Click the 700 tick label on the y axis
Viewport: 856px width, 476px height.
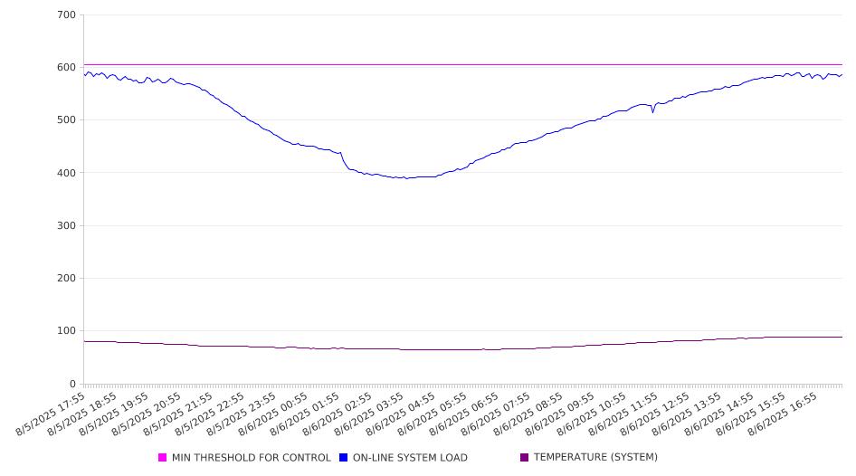tap(66, 14)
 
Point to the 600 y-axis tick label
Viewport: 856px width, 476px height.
tap(66, 67)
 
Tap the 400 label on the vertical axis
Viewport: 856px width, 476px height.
tap(66, 173)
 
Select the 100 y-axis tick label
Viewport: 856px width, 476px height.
tap(66, 331)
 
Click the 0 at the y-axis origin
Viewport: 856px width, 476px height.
tap(72, 384)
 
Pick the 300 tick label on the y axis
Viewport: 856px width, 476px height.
tap(66, 225)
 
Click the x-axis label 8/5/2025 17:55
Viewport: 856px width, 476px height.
tap(51, 414)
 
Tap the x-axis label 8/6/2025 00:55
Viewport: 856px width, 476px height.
tap(273, 414)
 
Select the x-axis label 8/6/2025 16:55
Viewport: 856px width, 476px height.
tap(783, 414)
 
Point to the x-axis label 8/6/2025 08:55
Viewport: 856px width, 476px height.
tap(528, 414)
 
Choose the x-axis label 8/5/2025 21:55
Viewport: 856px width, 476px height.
tap(177, 414)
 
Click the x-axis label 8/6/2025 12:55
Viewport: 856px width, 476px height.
tap(655, 414)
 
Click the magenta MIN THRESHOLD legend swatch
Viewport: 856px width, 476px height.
tap(162, 457)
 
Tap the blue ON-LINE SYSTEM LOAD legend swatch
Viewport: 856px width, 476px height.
tap(343, 457)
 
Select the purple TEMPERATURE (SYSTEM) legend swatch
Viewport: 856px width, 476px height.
tap(525, 457)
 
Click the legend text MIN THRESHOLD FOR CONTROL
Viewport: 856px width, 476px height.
tap(252, 457)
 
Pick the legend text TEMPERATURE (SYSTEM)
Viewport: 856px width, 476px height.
tap(595, 457)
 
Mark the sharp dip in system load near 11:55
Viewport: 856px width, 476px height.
tap(653, 112)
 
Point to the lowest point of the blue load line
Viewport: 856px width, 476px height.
tap(406, 178)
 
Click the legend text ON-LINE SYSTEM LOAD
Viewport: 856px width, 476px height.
tap(410, 457)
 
